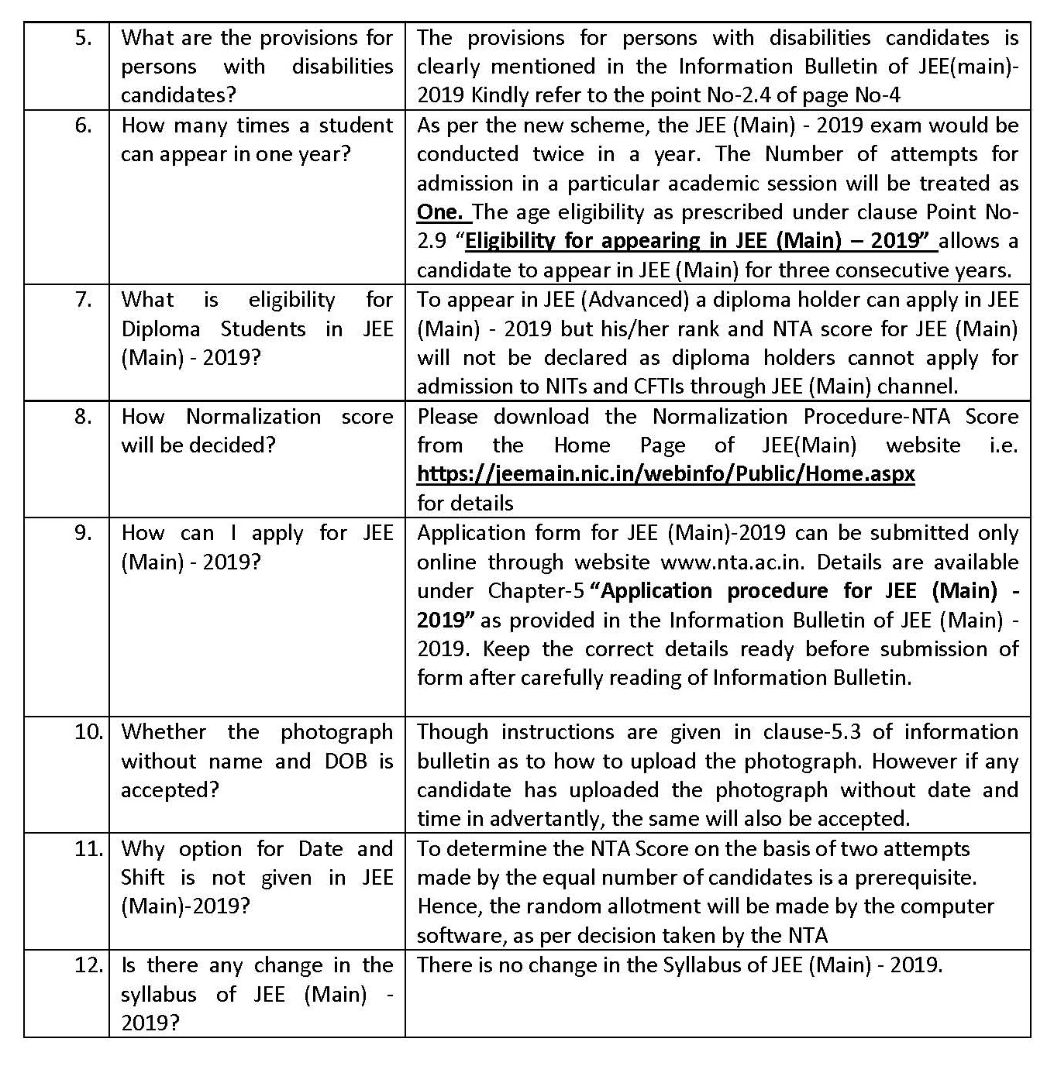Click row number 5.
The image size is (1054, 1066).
pos(83,38)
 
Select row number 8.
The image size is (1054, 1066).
pos(83,417)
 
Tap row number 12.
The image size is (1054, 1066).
pos(88,965)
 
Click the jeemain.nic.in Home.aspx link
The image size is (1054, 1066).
pos(666,474)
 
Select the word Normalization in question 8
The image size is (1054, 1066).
pos(253,417)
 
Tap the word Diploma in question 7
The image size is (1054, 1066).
pos(160,329)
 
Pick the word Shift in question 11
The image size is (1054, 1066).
pos(143,878)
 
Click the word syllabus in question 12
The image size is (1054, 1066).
pos(158,995)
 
